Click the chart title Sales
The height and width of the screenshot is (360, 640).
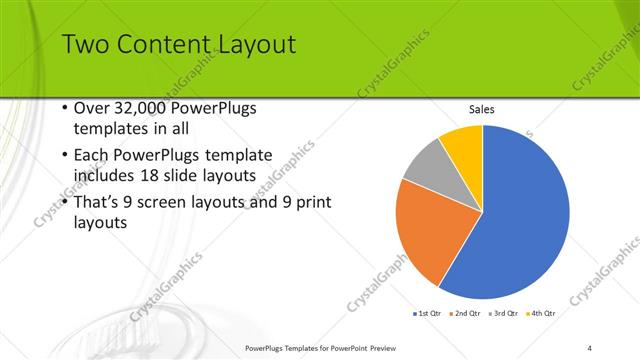[482, 109]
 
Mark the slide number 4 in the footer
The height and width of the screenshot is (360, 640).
[590, 347]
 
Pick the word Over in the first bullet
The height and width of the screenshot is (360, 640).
[92, 109]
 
